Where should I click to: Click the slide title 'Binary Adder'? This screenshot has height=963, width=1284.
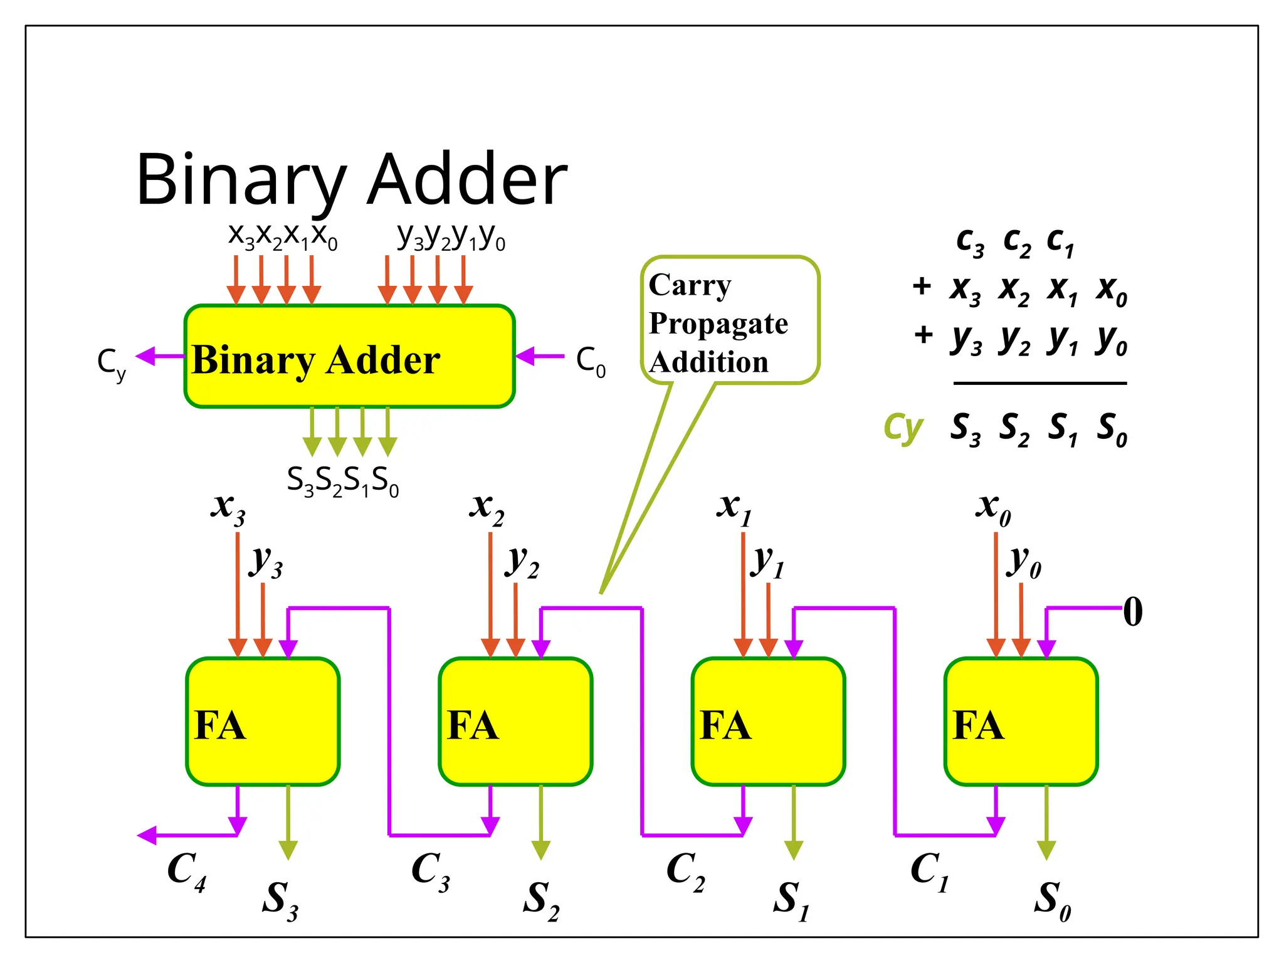pyautogui.click(x=351, y=179)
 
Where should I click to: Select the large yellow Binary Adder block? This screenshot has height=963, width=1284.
pyautogui.click(x=349, y=357)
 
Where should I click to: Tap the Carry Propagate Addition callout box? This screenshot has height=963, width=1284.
pyautogui.click(x=730, y=320)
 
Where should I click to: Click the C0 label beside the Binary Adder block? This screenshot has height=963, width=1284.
pyautogui.click(x=591, y=362)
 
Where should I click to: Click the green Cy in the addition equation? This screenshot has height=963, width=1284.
pyautogui.click(x=903, y=428)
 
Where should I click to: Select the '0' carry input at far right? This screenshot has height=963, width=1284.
pyautogui.click(x=1132, y=611)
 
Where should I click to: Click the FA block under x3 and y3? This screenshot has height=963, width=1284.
pyautogui.click(x=263, y=722)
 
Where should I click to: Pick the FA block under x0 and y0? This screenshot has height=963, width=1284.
pyautogui.click(x=1021, y=722)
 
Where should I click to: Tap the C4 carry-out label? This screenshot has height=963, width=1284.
pyautogui.click(x=186, y=871)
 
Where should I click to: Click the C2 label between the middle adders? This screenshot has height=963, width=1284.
pyautogui.click(x=685, y=871)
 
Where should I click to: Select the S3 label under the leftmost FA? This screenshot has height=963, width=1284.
pyautogui.click(x=280, y=900)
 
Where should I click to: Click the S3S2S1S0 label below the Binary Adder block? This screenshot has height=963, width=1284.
pyautogui.click(x=342, y=481)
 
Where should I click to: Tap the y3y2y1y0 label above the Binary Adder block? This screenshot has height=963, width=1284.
pyautogui.click(x=451, y=237)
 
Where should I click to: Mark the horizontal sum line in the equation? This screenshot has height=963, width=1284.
pyautogui.click(x=1039, y=383)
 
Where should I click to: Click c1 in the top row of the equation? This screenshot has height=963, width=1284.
pyautogui.click(x=1060, y=242)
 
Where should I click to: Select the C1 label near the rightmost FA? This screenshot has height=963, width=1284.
pyautogui.click(x=929, y=871)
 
